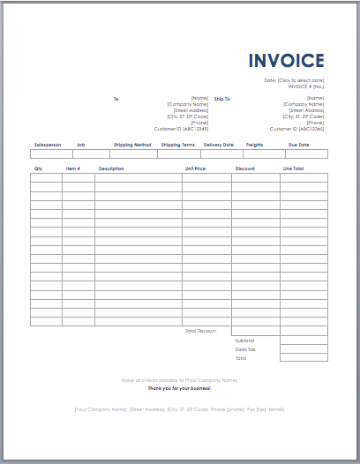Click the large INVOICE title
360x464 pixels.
pos(286,61)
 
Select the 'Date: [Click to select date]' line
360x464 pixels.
pos(295,79)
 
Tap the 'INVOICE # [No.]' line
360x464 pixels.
pos(306,86)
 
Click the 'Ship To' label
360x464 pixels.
pos(221,99)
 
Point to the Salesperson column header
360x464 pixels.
pos(48,145)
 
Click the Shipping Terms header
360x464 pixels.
pos(177,145)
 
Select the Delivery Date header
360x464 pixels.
pos(219,145)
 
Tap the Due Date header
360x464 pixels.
pos(298,145)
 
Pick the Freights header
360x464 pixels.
pos(254,145)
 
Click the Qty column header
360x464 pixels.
pos(38,168)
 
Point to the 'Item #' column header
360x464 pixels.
pos(72,168)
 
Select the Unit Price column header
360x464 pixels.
pos(196,168)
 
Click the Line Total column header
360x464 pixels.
pos(293,168)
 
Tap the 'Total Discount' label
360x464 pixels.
pos(200,330)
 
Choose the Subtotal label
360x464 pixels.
pos(244,340)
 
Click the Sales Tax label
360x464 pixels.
pos(245,349)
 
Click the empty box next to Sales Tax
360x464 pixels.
pos(304,349)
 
